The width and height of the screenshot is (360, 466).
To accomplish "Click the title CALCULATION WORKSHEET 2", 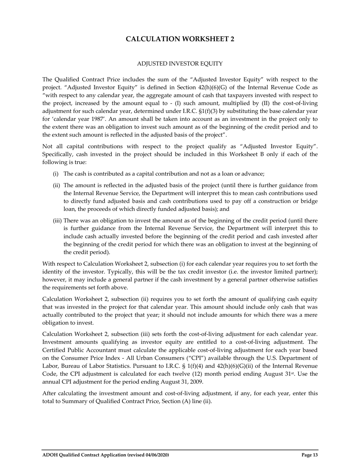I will [x=180, y=39].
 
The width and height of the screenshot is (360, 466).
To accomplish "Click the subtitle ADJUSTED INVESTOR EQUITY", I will [x=180, y=64].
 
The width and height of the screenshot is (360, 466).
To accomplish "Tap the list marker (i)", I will [x=55, y=174].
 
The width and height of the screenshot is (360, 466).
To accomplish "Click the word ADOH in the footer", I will [x=50, y=455].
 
